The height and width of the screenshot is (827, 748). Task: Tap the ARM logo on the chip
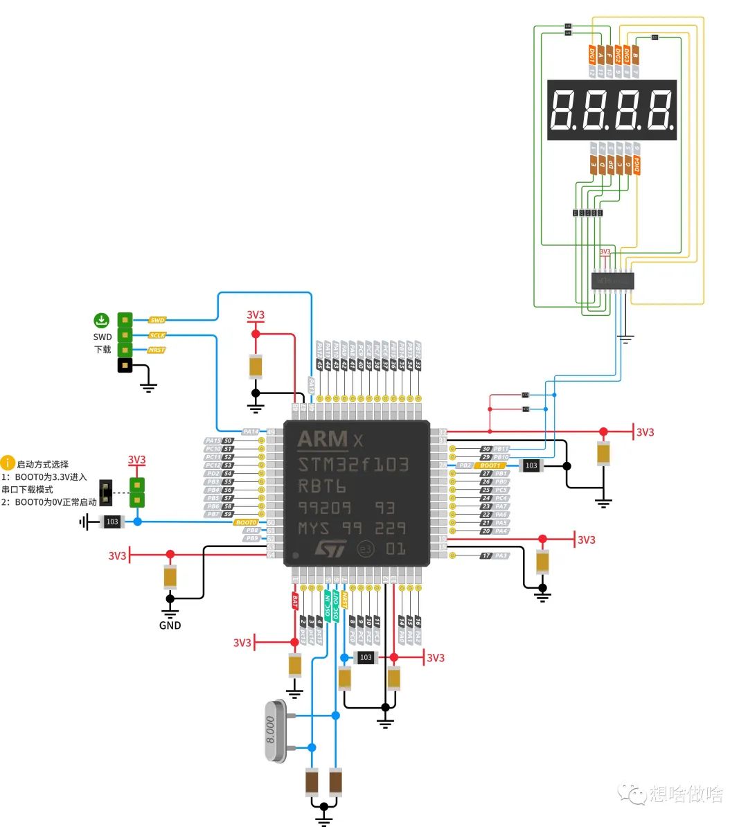(322, 439)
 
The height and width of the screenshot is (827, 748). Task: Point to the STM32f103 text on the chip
(353, 464)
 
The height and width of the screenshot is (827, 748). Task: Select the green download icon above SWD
(102, 320)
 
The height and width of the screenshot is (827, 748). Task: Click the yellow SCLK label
(157, 335)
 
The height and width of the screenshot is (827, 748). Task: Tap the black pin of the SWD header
(125, 365)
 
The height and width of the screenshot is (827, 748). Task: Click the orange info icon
(8, 463)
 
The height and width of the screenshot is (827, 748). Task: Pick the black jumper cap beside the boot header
(106, 492)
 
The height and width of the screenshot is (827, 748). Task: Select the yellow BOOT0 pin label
(246, 522)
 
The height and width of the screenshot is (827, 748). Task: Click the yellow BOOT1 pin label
(490, 465)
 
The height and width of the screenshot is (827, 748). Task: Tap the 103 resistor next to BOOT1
(531, 465)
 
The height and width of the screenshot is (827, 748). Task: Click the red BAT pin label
(295, 601)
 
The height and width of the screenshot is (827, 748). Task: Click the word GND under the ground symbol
(170, 625)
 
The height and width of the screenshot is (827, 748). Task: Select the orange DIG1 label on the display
(592, 55)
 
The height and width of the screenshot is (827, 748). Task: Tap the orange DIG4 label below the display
(636, 165)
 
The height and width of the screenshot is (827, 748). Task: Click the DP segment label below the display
(610, 165)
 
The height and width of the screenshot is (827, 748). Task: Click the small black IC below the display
(612, 281)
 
